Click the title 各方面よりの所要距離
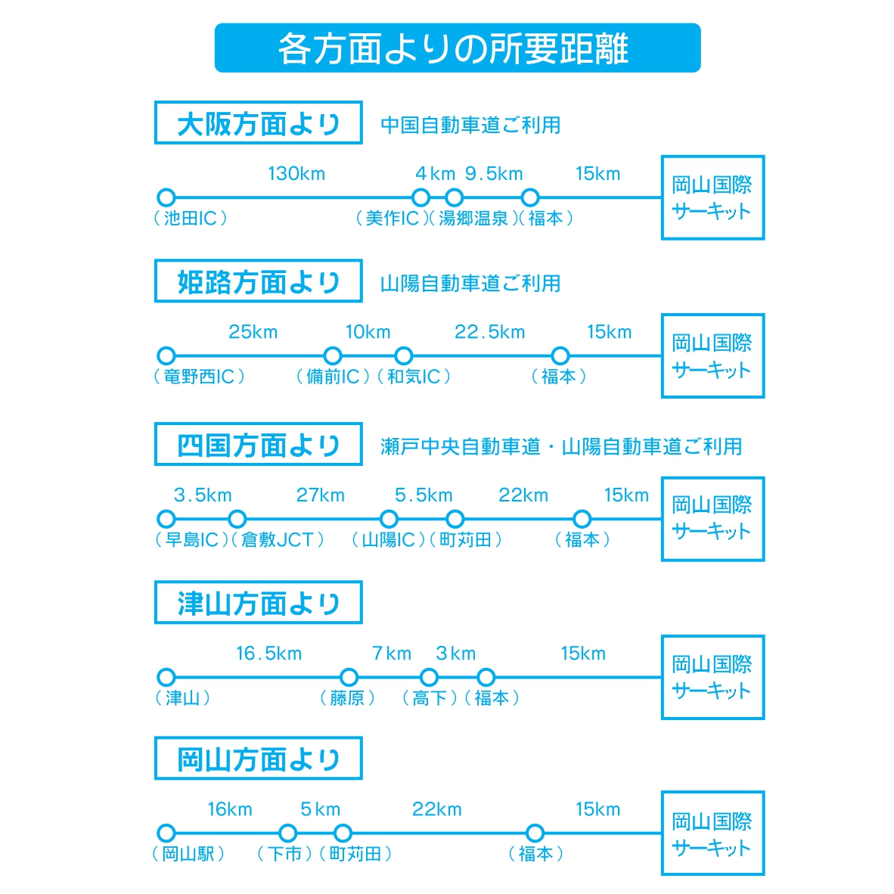[453, 48]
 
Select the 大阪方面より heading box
[258, 123]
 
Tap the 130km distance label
[296, 173]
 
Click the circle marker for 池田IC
[166, 197]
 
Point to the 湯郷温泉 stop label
[473, 218]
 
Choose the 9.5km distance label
[494, 173]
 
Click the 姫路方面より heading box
[258, 281]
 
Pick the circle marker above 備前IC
[332, 355]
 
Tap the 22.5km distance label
[490, 332]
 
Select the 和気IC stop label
[414, 377]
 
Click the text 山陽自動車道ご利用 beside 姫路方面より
[470, 283]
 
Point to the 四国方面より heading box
[258, 444]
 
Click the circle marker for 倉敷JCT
[237, 519]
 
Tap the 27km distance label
[321, 495]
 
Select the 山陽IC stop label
[388, 539]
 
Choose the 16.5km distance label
[269, 653]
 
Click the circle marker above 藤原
[349, 678]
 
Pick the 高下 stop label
[430, 698]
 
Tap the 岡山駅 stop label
[188, 853]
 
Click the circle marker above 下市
[288, 833]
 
